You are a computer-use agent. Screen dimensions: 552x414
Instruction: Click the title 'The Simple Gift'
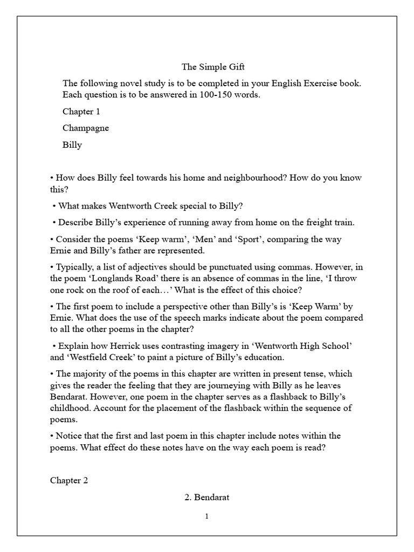[x=206, y=67]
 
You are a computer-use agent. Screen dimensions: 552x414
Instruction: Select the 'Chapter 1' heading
[x=81, y=112]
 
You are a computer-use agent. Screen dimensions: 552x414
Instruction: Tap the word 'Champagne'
[x=86, y=128]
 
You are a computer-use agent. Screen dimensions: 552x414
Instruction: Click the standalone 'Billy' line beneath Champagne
[x=72, y=144]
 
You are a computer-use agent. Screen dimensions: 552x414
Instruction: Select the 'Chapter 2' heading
[x=69, y=480]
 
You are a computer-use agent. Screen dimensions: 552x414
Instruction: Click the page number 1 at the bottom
[x=206, y=516]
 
